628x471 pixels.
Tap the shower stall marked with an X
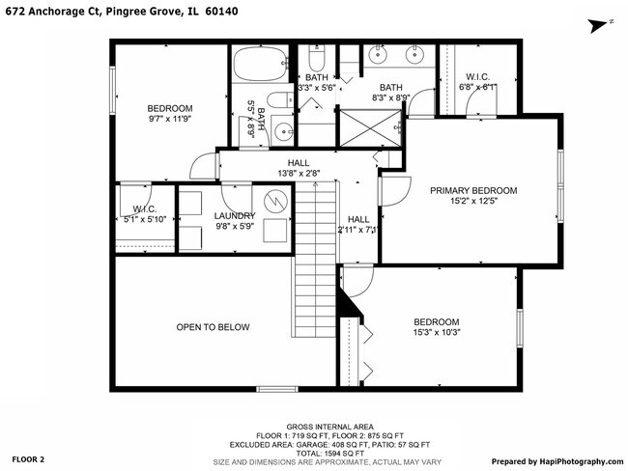pos(366,125)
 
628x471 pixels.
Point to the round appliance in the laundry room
pos(276,200)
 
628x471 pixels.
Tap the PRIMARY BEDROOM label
pos(473,191)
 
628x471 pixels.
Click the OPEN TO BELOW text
pos(213,327)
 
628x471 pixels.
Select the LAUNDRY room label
pos(235,216)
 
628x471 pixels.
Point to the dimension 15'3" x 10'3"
pos(437,334)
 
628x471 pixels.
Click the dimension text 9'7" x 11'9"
pos(170,120)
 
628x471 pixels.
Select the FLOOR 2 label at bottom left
pos(29,460)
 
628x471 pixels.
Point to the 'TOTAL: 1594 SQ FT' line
pos(313,452)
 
